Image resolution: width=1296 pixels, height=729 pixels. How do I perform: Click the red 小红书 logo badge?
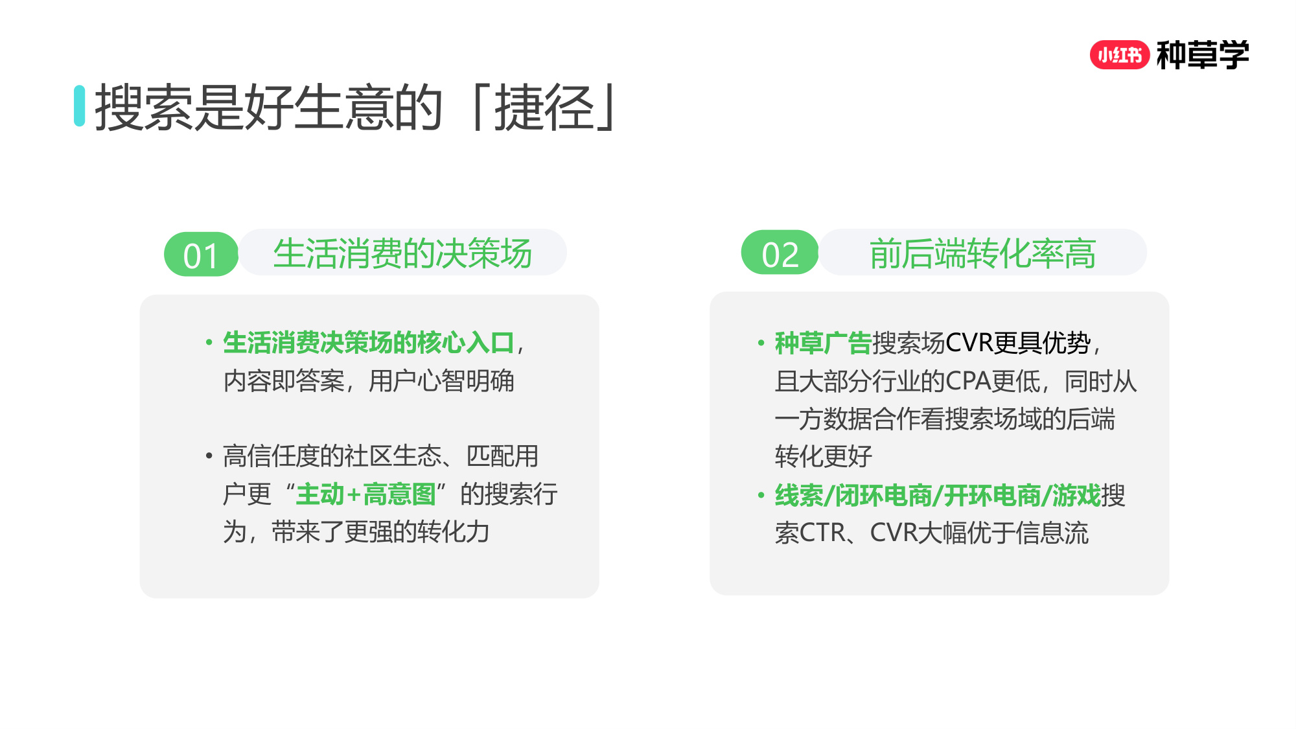pos(1119,55)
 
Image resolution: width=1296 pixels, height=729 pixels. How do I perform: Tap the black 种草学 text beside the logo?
pos(1203,55)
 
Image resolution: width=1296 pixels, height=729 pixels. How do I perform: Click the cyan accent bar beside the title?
pos(80,106)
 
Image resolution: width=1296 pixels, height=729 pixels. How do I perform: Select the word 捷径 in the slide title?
pos(544,108)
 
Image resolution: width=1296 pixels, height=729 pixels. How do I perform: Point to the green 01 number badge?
pos(201,255)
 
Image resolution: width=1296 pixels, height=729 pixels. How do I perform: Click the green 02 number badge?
pos(780,253)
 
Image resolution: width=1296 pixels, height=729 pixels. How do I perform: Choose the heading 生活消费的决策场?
pos(402,253)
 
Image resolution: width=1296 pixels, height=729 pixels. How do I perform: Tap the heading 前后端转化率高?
pos(982,253)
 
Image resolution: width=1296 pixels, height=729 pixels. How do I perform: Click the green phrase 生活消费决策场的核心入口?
pos(368,343)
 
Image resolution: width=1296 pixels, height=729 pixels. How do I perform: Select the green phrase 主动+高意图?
pos(365,494)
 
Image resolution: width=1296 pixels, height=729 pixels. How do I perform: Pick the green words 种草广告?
pos(823,343)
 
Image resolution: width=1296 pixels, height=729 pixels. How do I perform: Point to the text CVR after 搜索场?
pos(969,343)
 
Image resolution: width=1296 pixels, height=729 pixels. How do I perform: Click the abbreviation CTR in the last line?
pos(823,533)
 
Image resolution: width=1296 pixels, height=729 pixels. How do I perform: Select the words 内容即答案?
pos(284,381)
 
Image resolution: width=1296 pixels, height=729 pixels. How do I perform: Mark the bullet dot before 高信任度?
pos(209,456)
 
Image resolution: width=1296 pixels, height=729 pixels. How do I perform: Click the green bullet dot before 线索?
pos(761,496)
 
